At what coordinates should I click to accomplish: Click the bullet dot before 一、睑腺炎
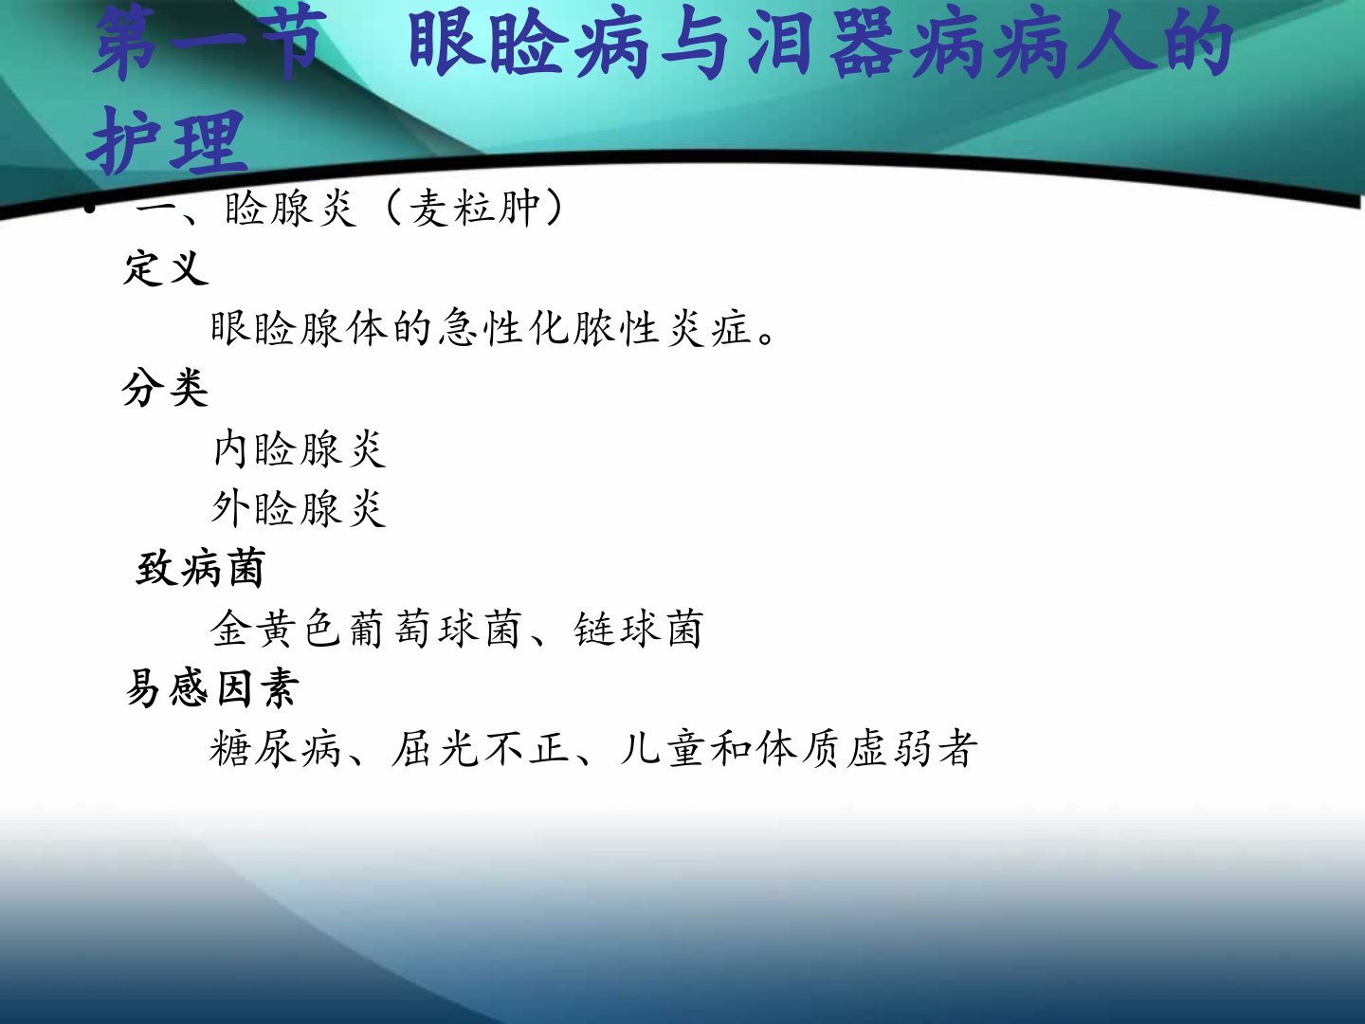pos(91,208)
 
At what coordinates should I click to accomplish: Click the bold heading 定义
pos(166,268)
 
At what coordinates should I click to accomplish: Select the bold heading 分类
pos(166,389)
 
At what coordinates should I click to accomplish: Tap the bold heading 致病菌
pos(201,568)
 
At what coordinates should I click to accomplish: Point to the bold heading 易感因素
pos(212,688)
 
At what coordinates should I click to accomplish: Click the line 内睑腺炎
pos(300,448)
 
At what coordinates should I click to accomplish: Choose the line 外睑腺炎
pos(300,508)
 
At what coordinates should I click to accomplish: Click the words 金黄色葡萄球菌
pos(366,629)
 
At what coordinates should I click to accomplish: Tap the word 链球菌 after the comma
pos(639,629)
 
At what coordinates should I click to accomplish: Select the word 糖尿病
pos(276,748)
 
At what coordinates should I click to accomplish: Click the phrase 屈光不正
pos(481,748)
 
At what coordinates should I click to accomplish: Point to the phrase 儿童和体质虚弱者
pos(799,748)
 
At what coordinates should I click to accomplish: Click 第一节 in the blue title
pos(210,44)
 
